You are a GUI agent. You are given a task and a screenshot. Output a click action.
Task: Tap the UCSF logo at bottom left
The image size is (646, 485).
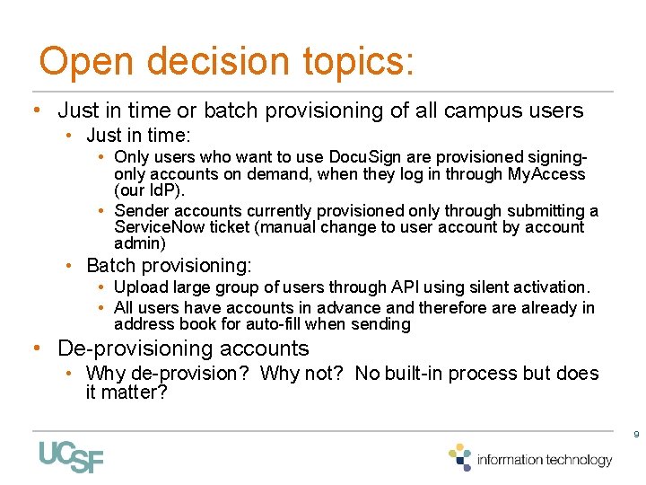pos(71,457)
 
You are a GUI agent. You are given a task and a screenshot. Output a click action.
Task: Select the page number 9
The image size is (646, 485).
pos(635,435)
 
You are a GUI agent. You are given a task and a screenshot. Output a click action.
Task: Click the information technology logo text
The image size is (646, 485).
pos(545,460)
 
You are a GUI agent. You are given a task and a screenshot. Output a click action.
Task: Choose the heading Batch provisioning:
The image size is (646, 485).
pos(169,266)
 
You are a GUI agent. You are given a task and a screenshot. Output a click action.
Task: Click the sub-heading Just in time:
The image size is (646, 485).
pos(138,136)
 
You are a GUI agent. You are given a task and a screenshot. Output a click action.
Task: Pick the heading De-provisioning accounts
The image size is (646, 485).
pos(183,348)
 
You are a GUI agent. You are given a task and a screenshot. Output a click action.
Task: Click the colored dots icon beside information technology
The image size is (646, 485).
pos(460,456)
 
